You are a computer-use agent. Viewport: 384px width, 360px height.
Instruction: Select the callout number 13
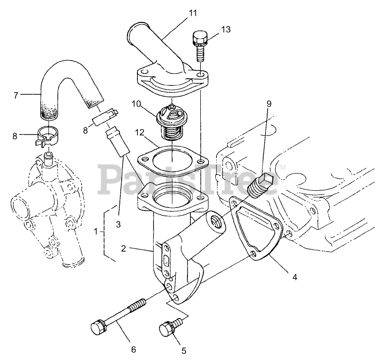(226, 29)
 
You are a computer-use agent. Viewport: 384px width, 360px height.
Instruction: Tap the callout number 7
(16, 95)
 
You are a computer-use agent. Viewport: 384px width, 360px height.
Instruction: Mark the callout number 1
(96, 231)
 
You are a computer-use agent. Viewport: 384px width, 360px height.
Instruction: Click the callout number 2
(124, 248)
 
